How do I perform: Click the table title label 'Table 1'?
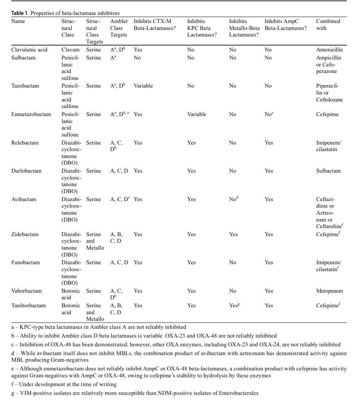pyautogui.click(x=20, y=13)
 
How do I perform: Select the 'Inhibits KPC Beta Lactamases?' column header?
pyautogui.click(x=201, y=28)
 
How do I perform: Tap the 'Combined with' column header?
pyautogui.click(x=328, y=24)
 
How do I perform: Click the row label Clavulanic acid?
pyautogui.click(x=29, y=50)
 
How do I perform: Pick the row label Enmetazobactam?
pyautogui.click(x=31, y=114)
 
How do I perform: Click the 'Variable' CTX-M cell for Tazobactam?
pyautogui.click(x=143, y=86)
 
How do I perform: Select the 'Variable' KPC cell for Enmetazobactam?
pyautogui.click(x=197, y=114)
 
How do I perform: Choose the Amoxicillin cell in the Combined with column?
pyautogui.click(x=329, y=50)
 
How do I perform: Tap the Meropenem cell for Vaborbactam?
pyautogui.click(x=329, y=291)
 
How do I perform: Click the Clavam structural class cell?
pyautogui.click(x=69, y=50)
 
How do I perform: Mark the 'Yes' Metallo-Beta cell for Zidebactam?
pyautogui.click(x=233, y=234)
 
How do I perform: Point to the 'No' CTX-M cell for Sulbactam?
pyautogui.click(x=137, y=58)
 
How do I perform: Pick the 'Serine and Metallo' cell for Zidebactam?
pyautogui.click(x=95, y=241)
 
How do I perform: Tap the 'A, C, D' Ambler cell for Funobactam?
pyautogui.click(x=119, y=262)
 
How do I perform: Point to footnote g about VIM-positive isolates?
pyautogui.click(x=135, y=393)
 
